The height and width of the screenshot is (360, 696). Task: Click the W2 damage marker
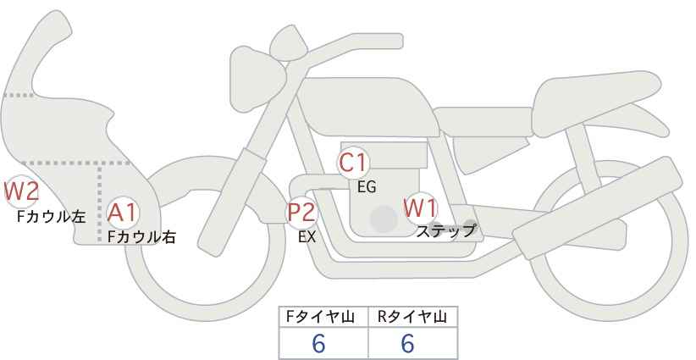(x=21, y=191)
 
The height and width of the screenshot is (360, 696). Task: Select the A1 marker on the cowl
(x=123, y=213)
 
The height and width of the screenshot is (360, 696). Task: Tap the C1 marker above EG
(x=352, y=163)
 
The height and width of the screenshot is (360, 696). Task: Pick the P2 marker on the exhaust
(x=301, y=212)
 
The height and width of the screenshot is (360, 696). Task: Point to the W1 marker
(x=421, y=208)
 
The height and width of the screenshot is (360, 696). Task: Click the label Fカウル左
(x=51, y=216)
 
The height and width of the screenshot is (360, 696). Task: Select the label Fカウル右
(x=141, y=236)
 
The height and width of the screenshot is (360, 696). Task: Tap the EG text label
(x=367, y=187)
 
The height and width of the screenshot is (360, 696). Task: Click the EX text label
(x=307, y=237)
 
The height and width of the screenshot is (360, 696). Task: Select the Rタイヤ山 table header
(x=412, y=317)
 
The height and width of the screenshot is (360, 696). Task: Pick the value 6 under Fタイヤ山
(x=318, y=343)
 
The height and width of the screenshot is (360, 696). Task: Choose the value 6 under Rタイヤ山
(x=407, y=343)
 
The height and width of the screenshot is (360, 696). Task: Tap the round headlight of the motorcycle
(x=258, y=79)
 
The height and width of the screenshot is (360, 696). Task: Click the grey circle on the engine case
(x=384, y=219)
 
